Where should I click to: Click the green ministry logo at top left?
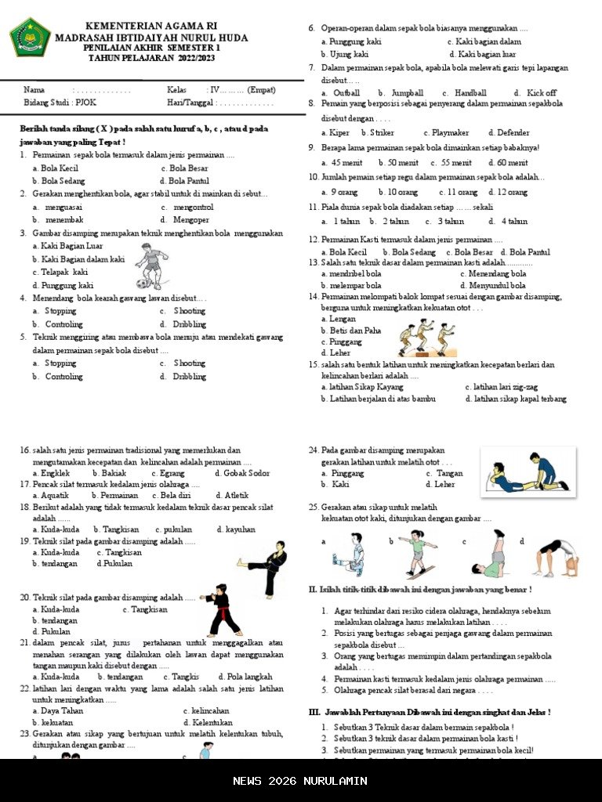[x=31, y=38]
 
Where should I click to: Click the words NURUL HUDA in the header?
[x=212, y=38]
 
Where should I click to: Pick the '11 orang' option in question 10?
[x=461, y=193]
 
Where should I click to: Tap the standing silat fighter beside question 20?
[x=225, y=616]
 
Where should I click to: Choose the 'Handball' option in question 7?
[x=470, y=93]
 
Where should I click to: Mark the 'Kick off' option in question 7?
[x=542, y=93]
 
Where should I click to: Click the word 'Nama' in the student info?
[x=34, y=90]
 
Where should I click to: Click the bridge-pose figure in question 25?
[x=558, y=557]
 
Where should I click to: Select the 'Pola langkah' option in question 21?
[x=249, y=677]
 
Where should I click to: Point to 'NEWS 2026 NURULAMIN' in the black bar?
[x=300, y=781]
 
